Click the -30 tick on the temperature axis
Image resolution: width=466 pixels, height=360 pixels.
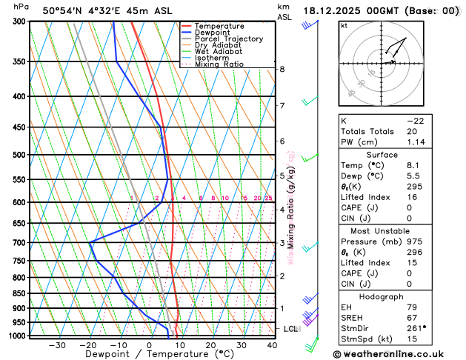click(57, 346)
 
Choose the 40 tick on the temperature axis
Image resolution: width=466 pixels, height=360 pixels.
click(271, 346)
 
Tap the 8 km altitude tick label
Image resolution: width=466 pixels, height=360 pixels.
click(282, 70)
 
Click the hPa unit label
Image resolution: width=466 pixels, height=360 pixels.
click(21, 7)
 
